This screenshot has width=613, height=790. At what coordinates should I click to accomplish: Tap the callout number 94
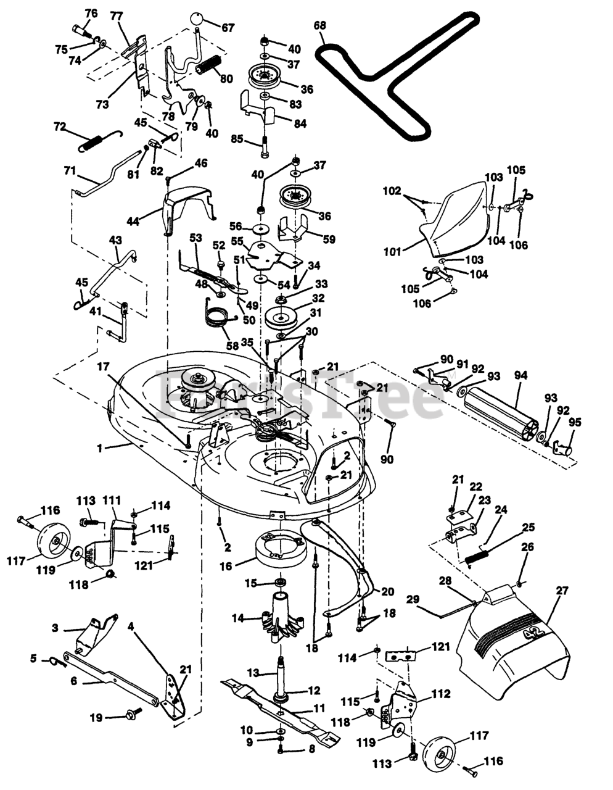coord(520,375)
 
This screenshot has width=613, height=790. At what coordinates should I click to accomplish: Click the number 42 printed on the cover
coord(533,634)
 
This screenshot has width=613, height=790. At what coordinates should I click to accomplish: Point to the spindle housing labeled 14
coord(281,618)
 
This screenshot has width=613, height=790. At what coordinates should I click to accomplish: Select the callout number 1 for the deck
coord(99,448)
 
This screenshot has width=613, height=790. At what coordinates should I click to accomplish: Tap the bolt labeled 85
coord(265,147)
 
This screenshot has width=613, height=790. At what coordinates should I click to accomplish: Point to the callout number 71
coord(70,170)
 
